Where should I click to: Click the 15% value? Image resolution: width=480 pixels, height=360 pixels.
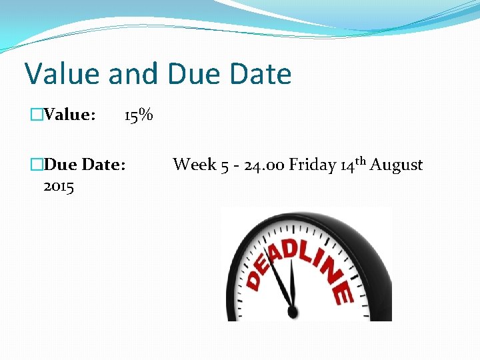coord(139,115)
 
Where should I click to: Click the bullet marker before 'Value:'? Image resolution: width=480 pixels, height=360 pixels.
coord(36,115)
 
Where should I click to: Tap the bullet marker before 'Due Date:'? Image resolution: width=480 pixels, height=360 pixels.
coord(36,165)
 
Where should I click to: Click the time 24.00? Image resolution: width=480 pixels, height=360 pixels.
coord(264,165)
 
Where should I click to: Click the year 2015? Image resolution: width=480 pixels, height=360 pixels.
coord(59,186)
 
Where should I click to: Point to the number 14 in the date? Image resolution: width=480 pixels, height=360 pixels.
coord(347,165)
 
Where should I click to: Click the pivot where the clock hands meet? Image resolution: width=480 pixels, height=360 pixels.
coord(291,311)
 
